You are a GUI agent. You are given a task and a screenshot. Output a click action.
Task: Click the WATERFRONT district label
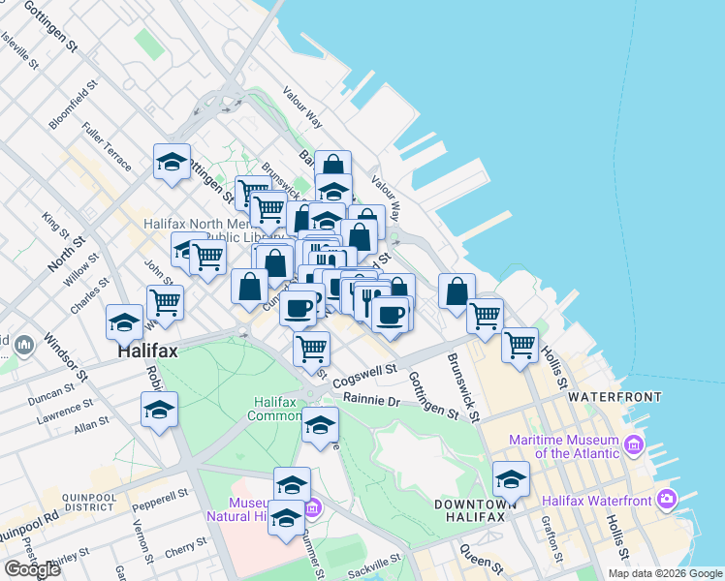[615, 397]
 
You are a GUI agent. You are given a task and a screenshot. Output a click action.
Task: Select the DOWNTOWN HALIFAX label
[470, 510]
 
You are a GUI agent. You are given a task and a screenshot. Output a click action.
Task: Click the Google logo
[32, 568]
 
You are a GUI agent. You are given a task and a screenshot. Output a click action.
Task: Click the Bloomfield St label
[74, 105]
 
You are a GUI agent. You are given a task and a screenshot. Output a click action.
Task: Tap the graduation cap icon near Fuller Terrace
[172, 162]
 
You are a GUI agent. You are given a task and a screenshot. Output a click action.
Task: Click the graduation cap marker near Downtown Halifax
[511, 479]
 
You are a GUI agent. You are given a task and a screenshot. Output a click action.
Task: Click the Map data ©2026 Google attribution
[664, 573]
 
